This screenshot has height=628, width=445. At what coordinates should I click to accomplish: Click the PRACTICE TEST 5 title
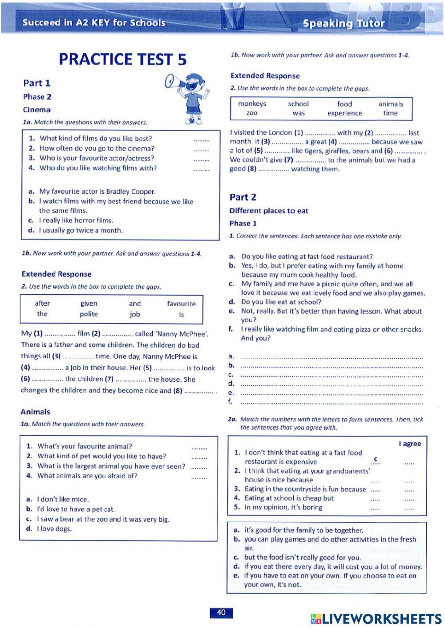coord(122,59)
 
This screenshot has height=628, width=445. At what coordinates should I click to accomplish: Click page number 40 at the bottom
coord(221,612)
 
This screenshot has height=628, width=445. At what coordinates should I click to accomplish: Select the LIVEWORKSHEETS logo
coord(376,618)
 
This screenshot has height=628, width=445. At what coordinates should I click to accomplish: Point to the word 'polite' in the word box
coord(89,314)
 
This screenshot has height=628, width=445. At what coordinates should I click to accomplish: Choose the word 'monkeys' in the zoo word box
coord(252,104)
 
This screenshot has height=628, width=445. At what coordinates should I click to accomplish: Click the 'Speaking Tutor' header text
coord(344,23)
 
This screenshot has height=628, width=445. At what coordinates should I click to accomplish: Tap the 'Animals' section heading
coord(35,412)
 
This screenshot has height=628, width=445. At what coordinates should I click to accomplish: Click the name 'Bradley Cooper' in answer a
coord(130,192)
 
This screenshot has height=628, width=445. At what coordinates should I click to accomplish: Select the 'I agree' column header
coord(409,444)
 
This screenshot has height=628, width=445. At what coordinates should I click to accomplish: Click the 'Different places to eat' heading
coord(269,211)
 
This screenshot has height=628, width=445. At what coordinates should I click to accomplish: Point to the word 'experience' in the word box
coord(344,113)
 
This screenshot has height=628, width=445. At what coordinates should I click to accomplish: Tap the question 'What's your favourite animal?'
coord(85,446)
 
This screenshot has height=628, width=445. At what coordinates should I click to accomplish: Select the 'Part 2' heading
coord(243,197)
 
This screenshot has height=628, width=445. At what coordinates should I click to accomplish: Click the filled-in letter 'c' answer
coord(376,459)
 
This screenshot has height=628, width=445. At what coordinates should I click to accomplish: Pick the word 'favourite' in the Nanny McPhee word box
coord(181,304)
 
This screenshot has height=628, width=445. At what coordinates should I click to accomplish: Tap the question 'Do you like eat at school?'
coord(281,302)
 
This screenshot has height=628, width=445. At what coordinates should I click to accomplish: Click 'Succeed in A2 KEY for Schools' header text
coord(93,23)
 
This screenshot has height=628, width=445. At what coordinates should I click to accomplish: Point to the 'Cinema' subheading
coord(36,109)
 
